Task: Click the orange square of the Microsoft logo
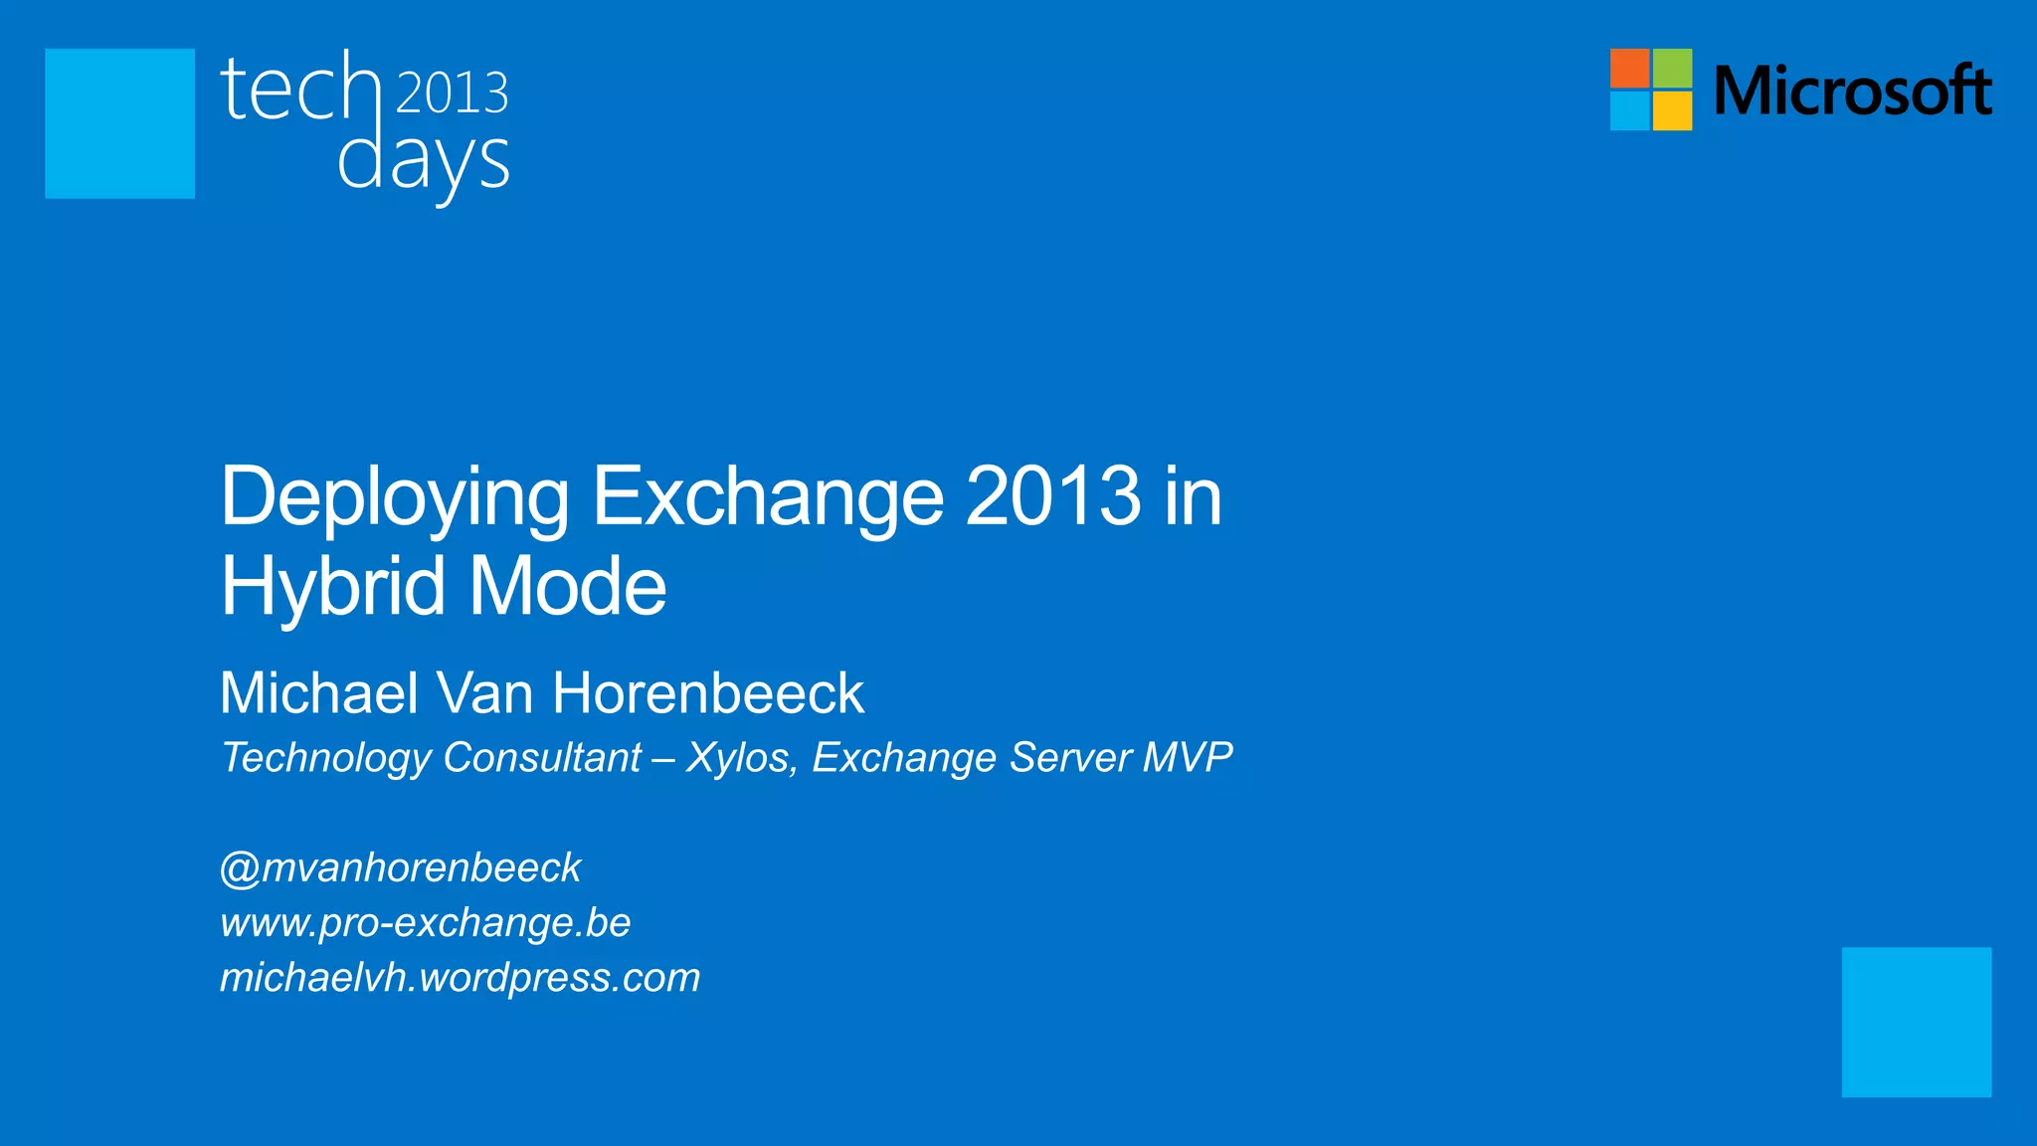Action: pos(1629,68)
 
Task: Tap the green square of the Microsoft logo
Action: pos(1672,68)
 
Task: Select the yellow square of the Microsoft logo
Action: pos(1672,110)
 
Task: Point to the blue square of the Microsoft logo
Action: pos(1629,110)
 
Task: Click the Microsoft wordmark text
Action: pos(1852,91)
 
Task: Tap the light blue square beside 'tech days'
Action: pos(119,123)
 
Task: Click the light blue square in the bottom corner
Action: pos(1916,1022)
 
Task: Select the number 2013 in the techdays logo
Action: pos(453,93)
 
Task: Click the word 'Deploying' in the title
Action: pos(394,497)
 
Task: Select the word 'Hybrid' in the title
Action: pos(332,588)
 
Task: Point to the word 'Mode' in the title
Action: pos(567,587)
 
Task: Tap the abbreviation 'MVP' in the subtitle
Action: pos(1188,757)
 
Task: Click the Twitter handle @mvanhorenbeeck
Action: pos(400,868)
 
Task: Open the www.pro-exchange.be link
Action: pos(425,923)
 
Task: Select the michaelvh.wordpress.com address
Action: pos(460,978)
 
